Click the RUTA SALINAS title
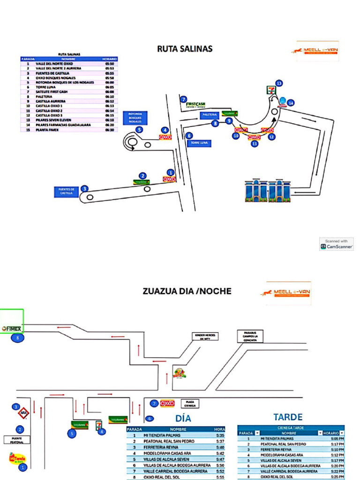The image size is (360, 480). point(185,49)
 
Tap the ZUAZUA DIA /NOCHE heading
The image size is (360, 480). point(187,291)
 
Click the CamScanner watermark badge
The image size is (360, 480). point(337,244)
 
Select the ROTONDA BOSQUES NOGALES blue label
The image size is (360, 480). point(135,118)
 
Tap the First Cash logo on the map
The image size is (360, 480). point(195,105)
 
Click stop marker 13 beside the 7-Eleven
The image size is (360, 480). point(279,83)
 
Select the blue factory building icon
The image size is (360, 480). point(267,190)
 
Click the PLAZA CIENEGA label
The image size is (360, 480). point(190,403)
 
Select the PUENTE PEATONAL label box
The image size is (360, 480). point(16,440)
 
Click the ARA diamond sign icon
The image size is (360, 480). point(23,414)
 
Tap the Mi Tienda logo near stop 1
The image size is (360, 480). point(17,457)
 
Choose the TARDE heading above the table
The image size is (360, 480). point(288,417)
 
